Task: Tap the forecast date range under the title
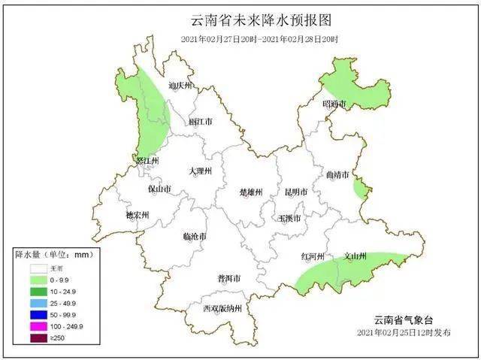click(x=259, y=39)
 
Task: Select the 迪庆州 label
click(x=180, y=86)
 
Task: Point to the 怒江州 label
click(x=147, y=161)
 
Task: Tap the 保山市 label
click(x=159, y=189)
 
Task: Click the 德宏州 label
click(x=138, y=215)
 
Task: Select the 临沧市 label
click(x=195, y=237)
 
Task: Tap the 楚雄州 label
click(x=250, y=192)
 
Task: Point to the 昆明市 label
click(x=296, y=192)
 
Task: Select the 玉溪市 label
click(x=289, y=219)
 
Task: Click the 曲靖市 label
click(x=337, y=175)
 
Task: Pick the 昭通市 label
click(x=334, y=104)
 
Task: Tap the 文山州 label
click(x=355, y=256)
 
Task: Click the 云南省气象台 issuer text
click(x=405, y=319)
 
